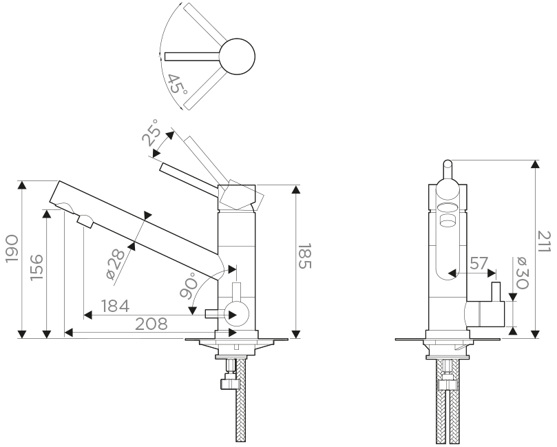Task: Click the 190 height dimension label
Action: (13, 249)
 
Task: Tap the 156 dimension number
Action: (36, 267)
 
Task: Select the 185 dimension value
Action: (304, 256)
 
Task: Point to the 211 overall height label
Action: (543, 242)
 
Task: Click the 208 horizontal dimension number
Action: (151, 324)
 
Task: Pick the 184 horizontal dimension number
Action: (115, 306)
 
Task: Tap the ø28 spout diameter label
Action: (116, 264)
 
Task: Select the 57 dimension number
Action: (479, 264)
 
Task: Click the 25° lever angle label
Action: (151, 133)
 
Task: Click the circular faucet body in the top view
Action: (237, 56)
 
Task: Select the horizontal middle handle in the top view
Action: (192, 56)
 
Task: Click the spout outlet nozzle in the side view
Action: (85, 221)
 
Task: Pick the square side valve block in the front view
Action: (485, 314)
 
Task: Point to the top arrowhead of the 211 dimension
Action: (536, 164)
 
